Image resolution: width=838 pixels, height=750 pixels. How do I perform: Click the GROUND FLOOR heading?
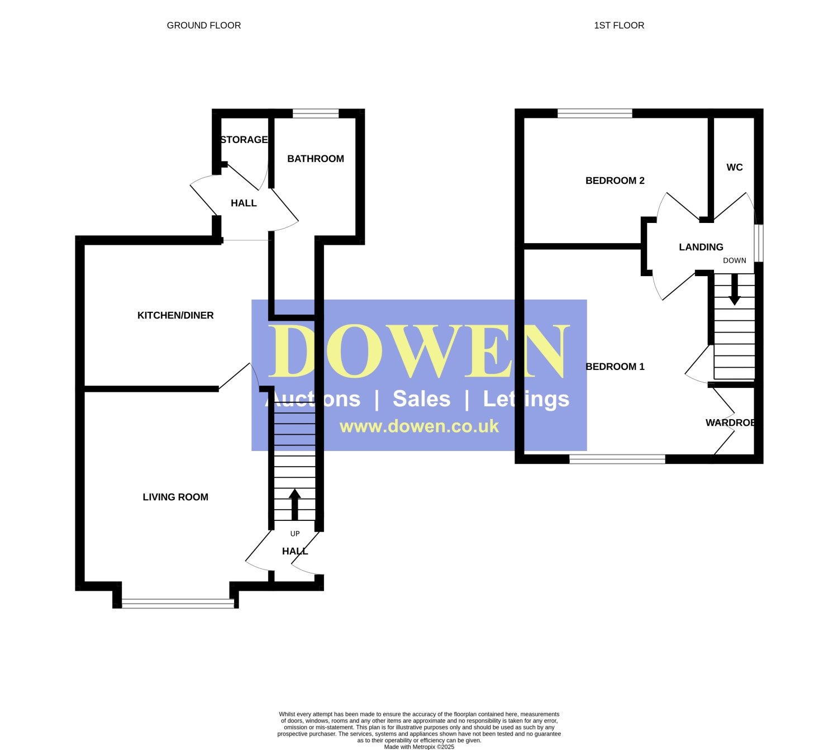click(203, 25)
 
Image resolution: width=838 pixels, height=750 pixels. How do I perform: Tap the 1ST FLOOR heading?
click(619, 25)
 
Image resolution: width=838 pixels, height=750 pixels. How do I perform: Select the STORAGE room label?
click(244, 140)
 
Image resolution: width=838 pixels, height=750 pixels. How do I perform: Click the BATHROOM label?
click(315, 159)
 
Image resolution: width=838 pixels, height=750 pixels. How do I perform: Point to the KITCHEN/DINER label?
click(175, 315)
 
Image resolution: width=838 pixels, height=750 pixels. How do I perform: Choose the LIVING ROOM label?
click(175, 497)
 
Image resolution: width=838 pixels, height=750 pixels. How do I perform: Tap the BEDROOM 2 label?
click(615, 181)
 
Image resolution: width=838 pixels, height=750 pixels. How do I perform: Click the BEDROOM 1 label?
click(615, 366)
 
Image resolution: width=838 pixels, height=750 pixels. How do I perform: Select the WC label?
click(734, 167)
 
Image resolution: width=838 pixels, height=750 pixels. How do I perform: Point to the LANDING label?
click(701, 247)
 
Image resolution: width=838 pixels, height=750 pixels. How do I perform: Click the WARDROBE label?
click(730, 423)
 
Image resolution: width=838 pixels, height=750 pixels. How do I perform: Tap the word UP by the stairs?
click(294, 534)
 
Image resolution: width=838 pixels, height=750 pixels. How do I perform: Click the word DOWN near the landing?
click(734, 260)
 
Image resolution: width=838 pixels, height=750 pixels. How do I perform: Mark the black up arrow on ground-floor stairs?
click(294, 504)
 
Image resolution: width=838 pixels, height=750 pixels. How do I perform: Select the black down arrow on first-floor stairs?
click(734, 289)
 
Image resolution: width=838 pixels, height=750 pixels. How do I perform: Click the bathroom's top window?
click(315, 113)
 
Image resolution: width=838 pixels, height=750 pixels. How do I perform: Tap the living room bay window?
click(178, 604)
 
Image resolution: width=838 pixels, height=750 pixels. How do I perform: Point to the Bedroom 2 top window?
click(594, 113)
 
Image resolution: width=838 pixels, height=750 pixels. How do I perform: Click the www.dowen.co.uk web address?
click(419, 426)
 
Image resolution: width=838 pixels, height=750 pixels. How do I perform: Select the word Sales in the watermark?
click(421, 398)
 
